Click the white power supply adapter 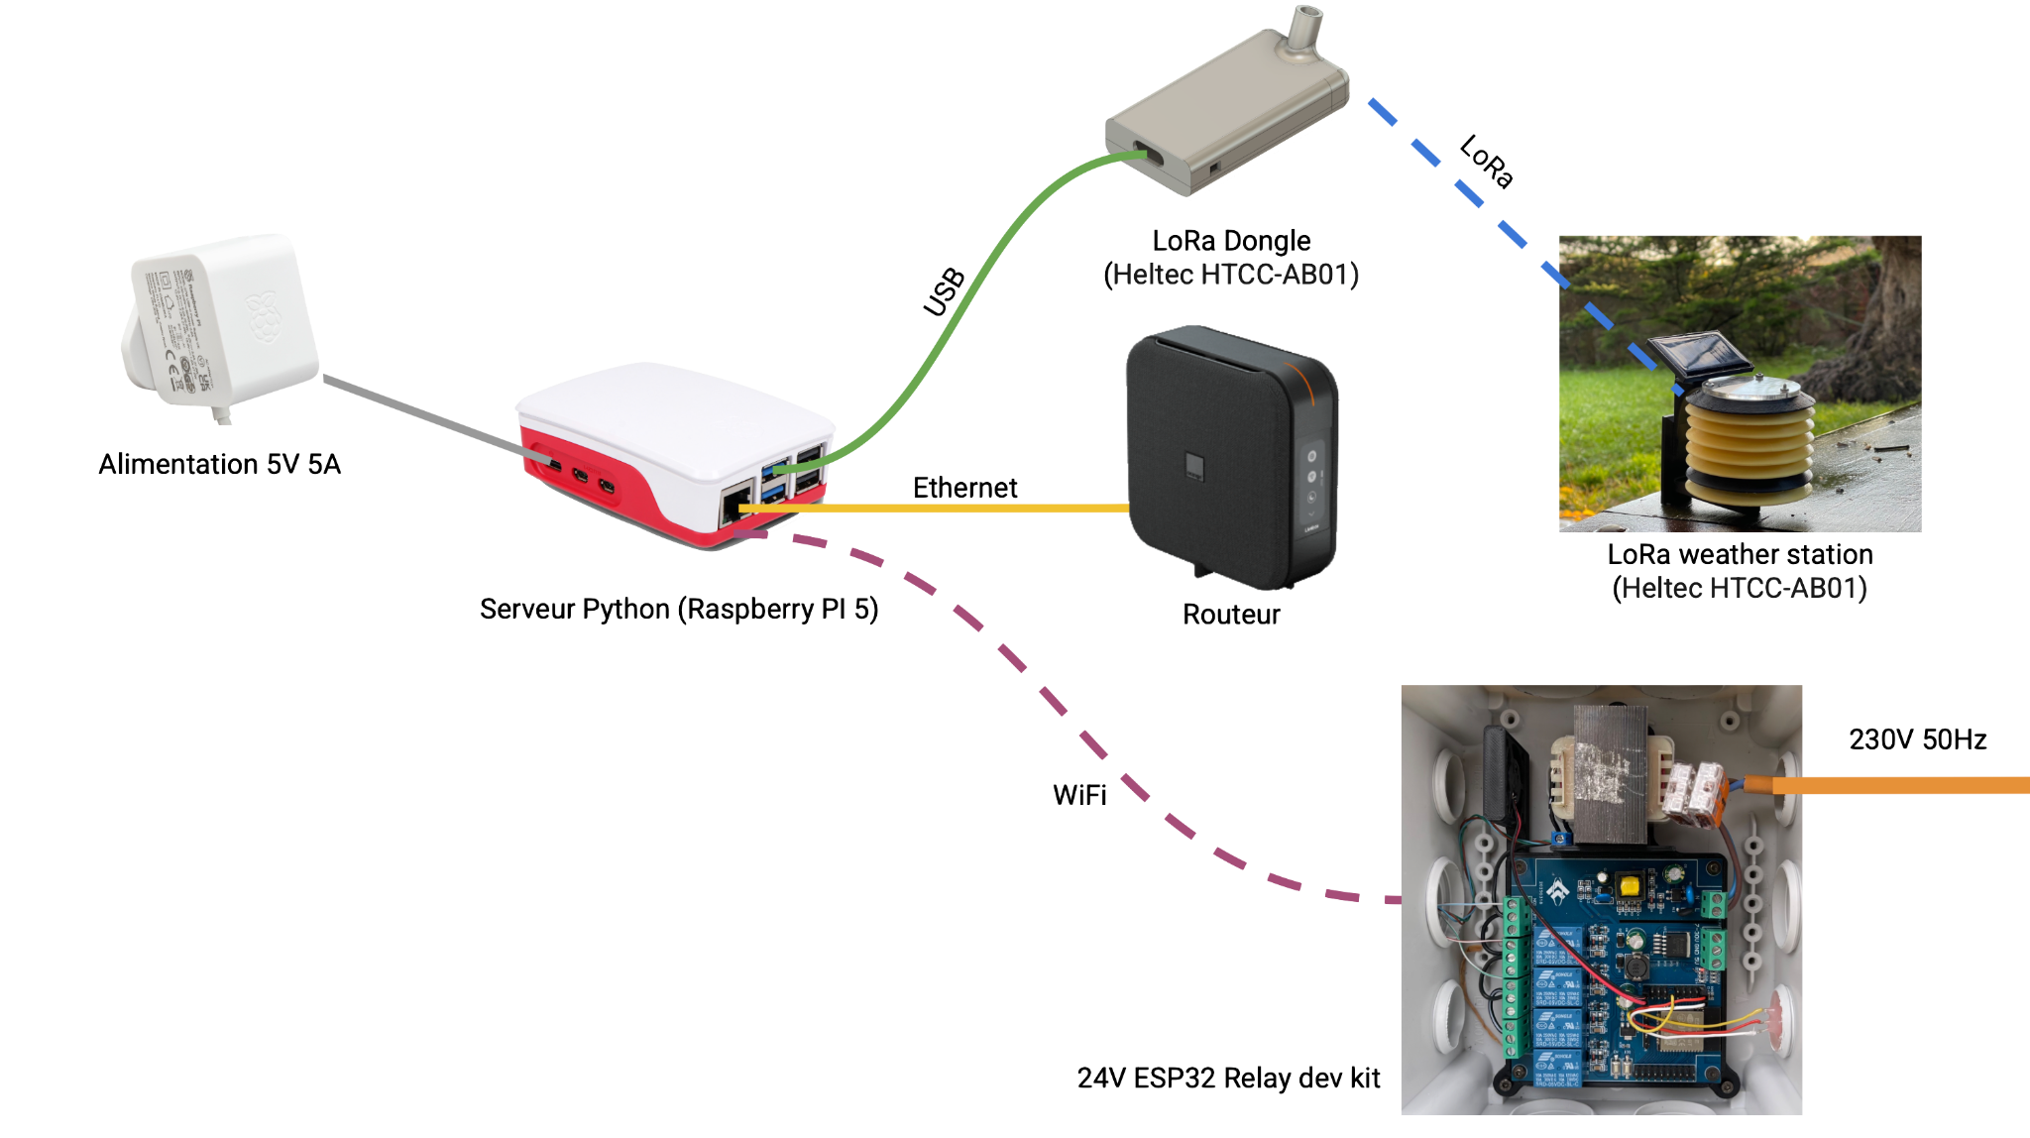pyautogui.click(x=223, y=317)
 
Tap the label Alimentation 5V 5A pyautogui.click(x=220, y=464)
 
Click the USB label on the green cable pyautogui.click(x=944, y=291)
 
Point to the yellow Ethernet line pyautogui.click(x=932, y=509)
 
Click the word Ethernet pyautogui.click(x=964, y=487)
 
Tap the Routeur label pyautogui.click(x=1232, y=615)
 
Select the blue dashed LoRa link pyautogui.click(x=1467, y=188)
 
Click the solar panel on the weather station pyautogui.click(x=1693, y=355)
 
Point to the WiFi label pyautogui.click(x=1078, y=794)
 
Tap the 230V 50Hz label pyautogui.click(x=1918, y=740)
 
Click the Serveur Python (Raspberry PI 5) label pyautogui.click(x=679, y=609)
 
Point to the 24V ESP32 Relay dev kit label pyautogui.click(x=1228, y=1078)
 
